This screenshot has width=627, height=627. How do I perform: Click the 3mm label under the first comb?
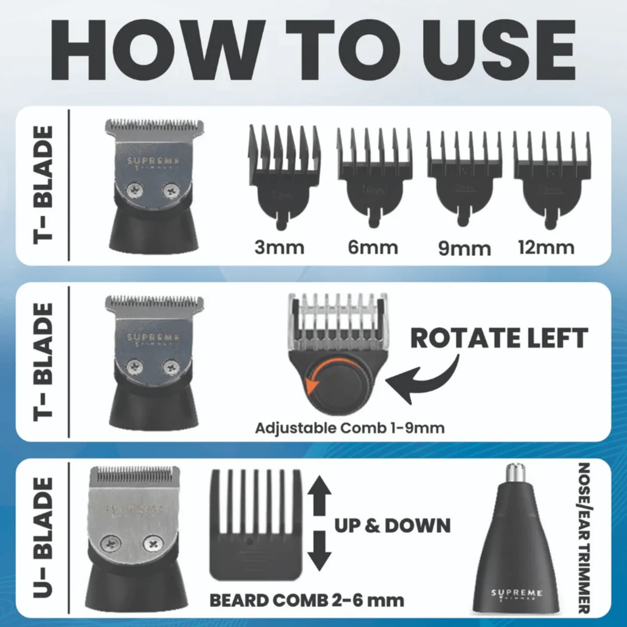(x=280, y=247)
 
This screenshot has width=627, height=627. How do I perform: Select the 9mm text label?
(x=464, y=248)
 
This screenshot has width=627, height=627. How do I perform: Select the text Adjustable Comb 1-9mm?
(x=350, y=428)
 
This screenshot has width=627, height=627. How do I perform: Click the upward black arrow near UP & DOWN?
(x=320, y=496)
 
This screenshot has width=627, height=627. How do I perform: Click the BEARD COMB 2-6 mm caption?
(x=306, y=600)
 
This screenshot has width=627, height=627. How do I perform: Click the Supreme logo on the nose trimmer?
(x=517, y=594)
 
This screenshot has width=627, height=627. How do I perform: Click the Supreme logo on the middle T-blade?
(x=153, y=339)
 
